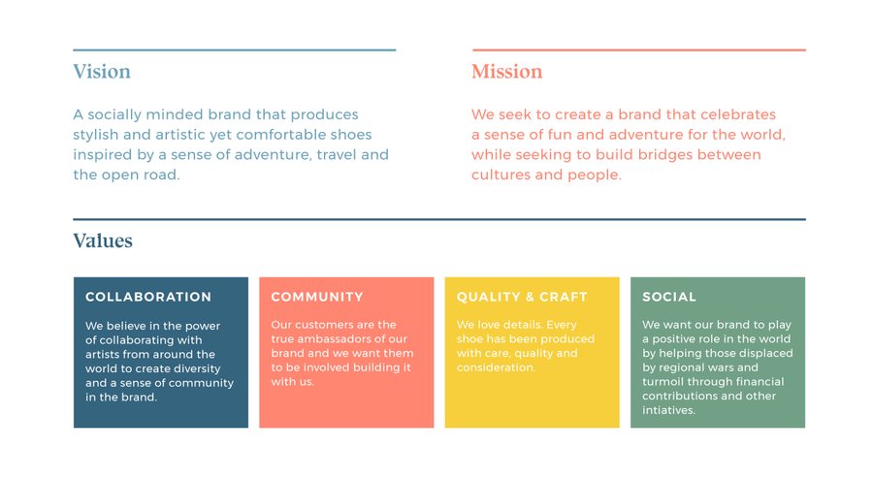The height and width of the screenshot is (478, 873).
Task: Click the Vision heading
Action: [102, 71]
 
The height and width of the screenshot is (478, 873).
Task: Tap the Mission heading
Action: [506, 71]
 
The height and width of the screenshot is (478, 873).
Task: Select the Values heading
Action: [103, 240]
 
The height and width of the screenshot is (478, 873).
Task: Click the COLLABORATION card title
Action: [148, 297]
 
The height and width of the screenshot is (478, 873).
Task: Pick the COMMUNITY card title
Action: [317, 297]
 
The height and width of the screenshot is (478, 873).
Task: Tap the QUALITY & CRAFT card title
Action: [522, 297]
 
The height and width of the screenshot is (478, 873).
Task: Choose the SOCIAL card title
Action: [669, 297]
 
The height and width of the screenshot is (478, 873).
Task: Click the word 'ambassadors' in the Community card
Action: [322, 339]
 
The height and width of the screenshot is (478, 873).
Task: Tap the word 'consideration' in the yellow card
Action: [496, 367]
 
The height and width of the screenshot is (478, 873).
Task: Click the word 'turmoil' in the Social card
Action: [661, 382]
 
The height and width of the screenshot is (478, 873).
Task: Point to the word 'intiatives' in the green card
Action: [668, 410]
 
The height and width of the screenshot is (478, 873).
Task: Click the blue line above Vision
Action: [235, 50]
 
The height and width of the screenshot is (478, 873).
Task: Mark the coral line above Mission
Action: [639, 50]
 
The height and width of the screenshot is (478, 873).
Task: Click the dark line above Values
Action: [439, 219]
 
